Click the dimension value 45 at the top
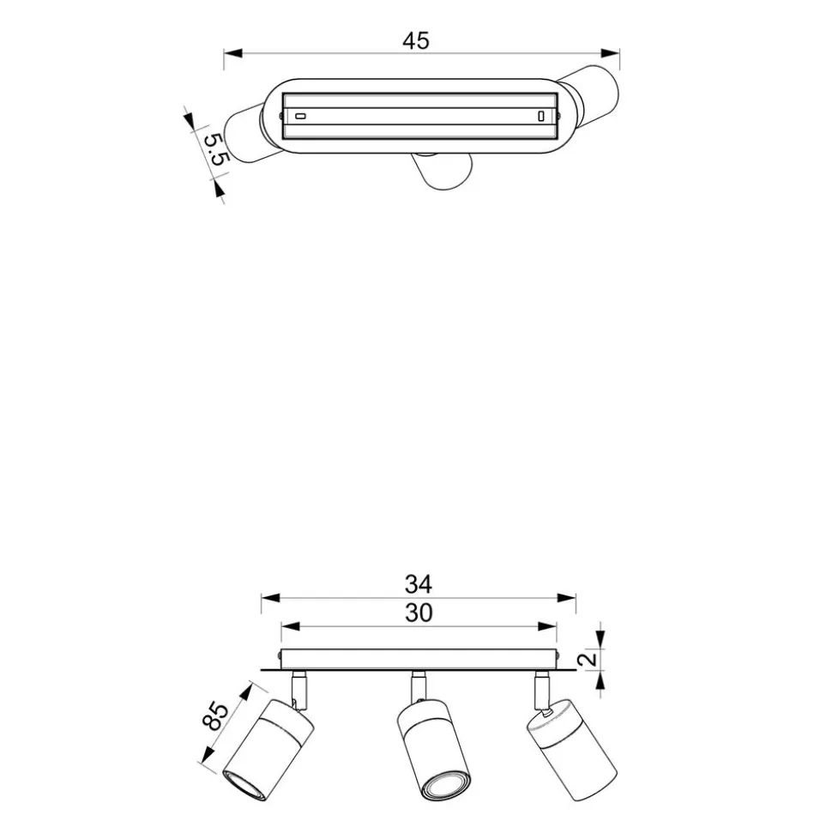(x=415, y=41)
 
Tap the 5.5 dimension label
(x=216, y=149)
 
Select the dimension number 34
(x=418, y=584)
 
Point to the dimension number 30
(x=418, y=613)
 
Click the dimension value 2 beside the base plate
(x=588, y=660)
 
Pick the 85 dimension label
(x=215, y=716)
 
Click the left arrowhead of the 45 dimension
(x=233, y=53)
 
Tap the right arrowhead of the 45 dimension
(x=610, y=53)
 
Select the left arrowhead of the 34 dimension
(x=270, y=598)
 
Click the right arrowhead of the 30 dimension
(x=547, y=627)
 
